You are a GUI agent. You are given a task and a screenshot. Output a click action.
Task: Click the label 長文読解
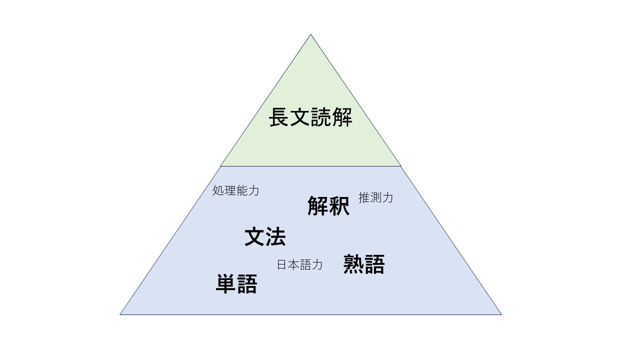click(x=310, y=117)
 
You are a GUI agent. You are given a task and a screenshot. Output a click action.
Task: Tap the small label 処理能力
click(x=235, y=190)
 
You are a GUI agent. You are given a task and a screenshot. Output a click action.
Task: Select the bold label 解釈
click(x=328, y=205)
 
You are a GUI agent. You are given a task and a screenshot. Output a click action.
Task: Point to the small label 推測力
click(x=375, y=197)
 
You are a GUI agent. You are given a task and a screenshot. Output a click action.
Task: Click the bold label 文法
click(x=265, y=236)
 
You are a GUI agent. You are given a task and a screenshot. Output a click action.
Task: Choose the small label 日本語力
click(x=299, y=265)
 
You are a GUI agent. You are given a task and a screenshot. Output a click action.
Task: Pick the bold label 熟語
click(x=364, y=264)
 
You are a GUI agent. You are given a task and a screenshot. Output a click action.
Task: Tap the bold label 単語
click(x=236, y=283)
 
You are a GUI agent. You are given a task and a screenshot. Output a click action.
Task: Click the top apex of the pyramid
click(x=310, y=34)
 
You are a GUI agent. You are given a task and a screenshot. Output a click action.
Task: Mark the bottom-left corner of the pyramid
click(x=120, y=314)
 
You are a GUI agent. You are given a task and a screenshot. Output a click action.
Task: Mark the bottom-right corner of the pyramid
click(x=501, y=314)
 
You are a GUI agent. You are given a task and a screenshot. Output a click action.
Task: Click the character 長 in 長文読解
click(x=279, y=117)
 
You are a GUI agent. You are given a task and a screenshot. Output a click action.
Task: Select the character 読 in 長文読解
click(x=321, y=117)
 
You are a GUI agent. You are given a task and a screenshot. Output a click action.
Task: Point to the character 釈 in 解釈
click(x=339, y=205)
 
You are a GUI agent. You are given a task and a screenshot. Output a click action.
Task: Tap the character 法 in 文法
click(x=275, y=236)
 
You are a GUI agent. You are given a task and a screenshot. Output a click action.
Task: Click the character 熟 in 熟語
click(x=353, y=264)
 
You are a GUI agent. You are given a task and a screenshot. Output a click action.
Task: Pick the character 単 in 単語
click(x=226, y=283)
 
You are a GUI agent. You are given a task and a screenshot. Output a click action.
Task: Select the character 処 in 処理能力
click(x=218, y=190)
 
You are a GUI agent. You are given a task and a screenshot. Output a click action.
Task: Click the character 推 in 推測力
click(x=364, y=197)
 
